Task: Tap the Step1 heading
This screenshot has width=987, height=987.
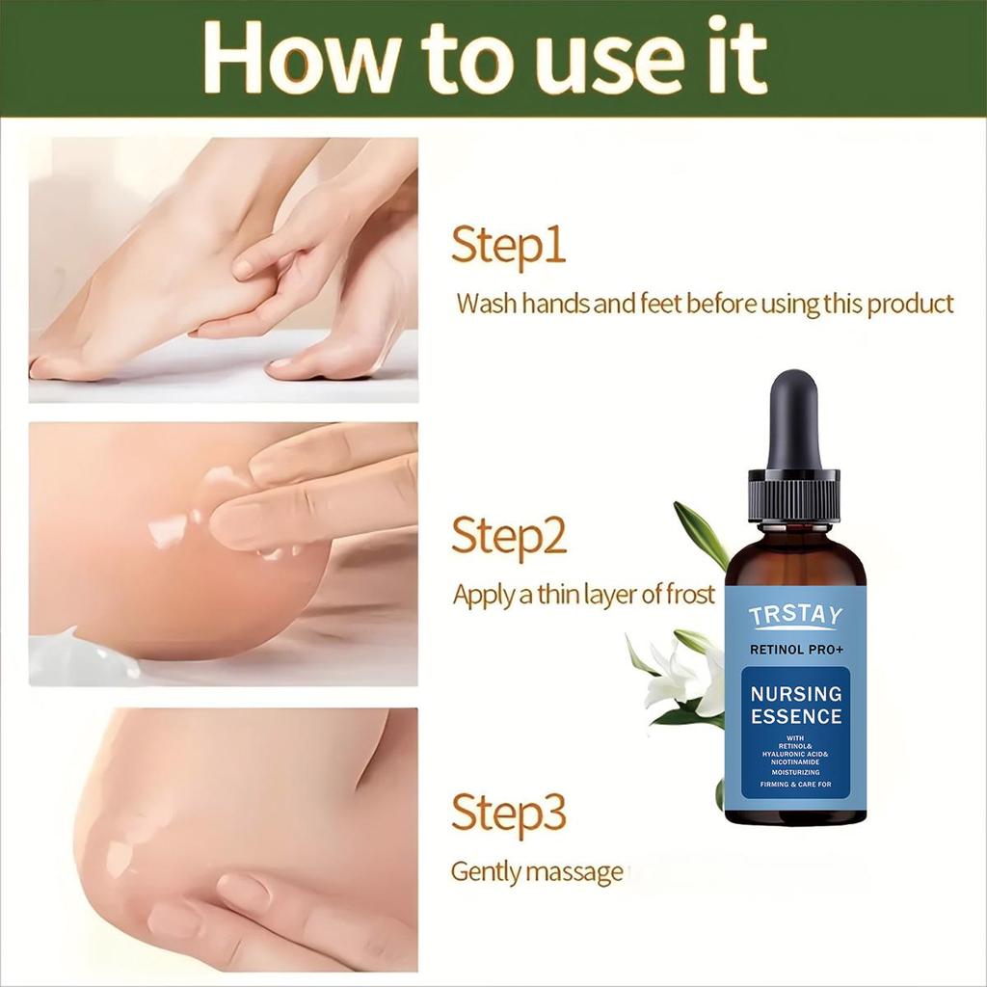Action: click(x=508, y=247)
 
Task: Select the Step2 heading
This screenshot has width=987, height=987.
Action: click(x=508, y=536)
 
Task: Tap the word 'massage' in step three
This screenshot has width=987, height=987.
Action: click(x=578, y=873)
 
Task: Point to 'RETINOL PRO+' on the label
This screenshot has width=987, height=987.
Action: click(x=795, y=649)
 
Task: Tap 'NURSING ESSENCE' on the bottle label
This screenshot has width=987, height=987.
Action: click(x=795, y=705)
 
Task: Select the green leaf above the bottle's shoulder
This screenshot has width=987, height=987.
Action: click(x=701, y=533)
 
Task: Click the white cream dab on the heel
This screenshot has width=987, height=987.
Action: click(x=169, y=530)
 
